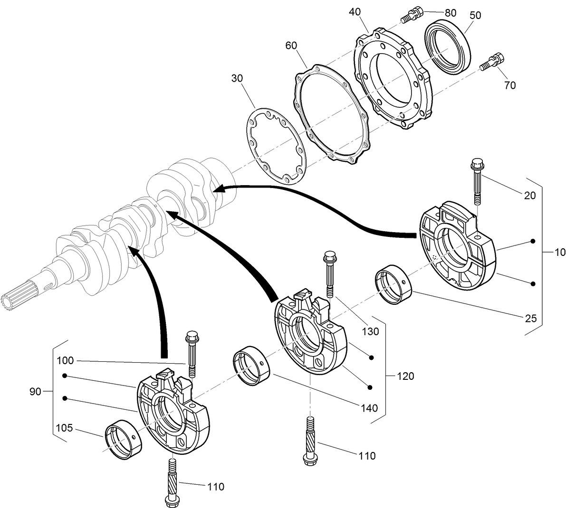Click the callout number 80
tap(450, 12)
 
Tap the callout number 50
tap(475, 15)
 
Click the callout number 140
tap(369, 408)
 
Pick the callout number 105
tap(64, 428)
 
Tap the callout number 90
tap(36, 392)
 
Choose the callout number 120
tap(405, 376)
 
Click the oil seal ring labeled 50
tap(447, 46)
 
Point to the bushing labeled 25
tap(393, 285)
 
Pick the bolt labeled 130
tap(329, 273)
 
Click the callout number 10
tap(559, 252)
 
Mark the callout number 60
tap(291, 46)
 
